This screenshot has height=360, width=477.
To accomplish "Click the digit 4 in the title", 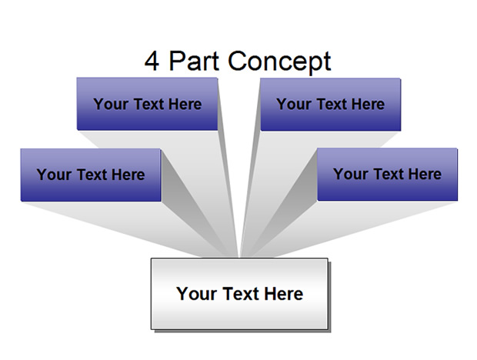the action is coord(152,61).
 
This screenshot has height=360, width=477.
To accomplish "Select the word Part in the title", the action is coord(194,61).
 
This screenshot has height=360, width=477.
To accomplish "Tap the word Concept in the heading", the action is coord(279,62).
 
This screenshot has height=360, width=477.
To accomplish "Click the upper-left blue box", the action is coord(147,104).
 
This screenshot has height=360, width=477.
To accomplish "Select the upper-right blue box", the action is coord(330,105).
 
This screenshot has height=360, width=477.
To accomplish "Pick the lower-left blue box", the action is coord(91,175).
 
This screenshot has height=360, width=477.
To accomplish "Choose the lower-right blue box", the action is coord(387,174).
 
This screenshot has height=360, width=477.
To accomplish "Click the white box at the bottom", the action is coord(239,294).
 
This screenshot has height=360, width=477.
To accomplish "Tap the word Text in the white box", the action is coord(240,294).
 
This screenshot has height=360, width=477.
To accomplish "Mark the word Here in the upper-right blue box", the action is coord(368,105).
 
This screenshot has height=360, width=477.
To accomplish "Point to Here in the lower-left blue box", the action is coord(128,175).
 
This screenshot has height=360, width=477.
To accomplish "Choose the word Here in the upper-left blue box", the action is coord(185,105).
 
